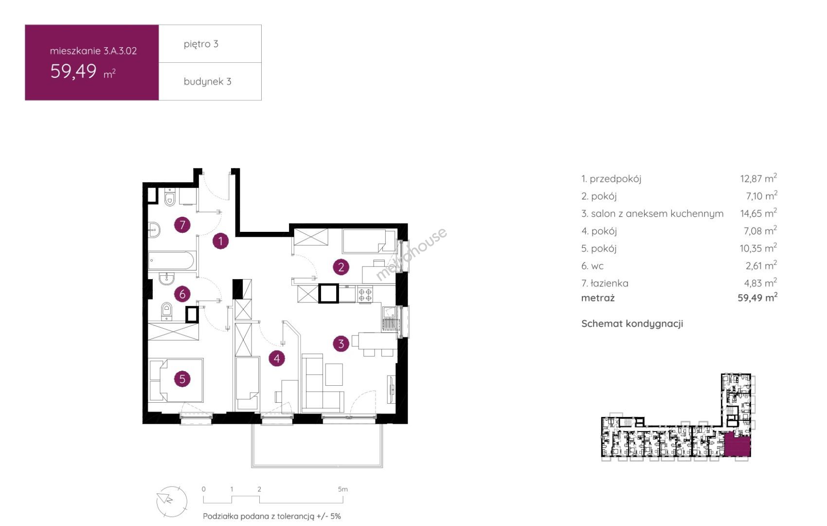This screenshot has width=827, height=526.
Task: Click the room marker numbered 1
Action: click(x=221, y=242)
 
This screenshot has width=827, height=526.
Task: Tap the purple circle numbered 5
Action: click(x=182, y=379)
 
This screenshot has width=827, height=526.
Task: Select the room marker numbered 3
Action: click(x=341, y=344)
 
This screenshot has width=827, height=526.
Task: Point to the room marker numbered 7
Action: click(x=182, y=225)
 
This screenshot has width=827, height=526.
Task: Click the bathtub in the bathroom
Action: click(x=171, y=261)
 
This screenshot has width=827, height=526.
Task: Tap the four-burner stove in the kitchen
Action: click(x=365, y=295)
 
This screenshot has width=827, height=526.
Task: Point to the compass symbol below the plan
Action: click(x=172, y=501)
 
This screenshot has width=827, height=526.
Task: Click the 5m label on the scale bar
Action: click(x=342, y=489)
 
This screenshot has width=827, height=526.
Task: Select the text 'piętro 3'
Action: click(x=201, y=44)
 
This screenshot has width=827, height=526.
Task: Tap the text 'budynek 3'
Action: click(x=208, y=81)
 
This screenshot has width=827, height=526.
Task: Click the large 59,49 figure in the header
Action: click(x=73, y=71)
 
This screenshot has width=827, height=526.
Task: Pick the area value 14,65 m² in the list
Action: click(x=758, y=213)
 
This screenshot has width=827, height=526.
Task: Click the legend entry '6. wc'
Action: click(x=592, y=266)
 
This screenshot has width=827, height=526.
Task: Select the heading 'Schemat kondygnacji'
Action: click(x=632, y=324)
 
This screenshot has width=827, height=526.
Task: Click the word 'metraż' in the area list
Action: click(x=598, y=298)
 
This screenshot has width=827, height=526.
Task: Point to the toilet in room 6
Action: click(x=166, y=311)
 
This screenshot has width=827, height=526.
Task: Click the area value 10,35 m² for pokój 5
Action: click(x=758, y=248)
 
